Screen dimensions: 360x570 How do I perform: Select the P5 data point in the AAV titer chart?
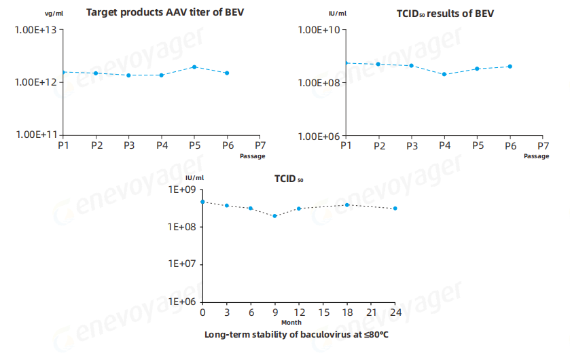tap(194, 67)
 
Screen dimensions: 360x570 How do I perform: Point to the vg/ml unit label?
tap(54, 14)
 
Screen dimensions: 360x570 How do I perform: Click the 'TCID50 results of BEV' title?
tap(446, 13)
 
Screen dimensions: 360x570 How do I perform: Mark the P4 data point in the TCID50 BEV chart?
tap(444, 74)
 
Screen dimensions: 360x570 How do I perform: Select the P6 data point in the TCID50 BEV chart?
tap(510, 67)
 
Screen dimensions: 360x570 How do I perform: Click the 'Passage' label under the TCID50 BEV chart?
tap(536, 156)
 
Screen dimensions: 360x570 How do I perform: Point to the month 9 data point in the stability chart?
tap(274, 216)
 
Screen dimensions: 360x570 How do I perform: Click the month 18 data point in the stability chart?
tap(347, 205)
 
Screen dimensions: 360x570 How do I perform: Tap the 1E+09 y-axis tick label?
tap(181, 190)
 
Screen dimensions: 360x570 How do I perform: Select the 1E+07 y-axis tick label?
tap(181, 264)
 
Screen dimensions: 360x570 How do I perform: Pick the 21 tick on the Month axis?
tap(371, 312)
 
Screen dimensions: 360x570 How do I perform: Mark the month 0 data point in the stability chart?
tap(202, 202)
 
